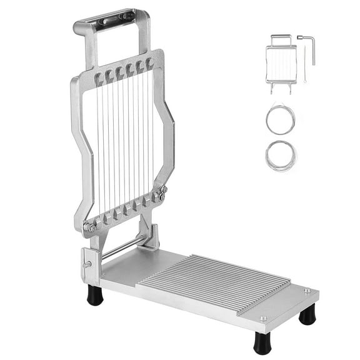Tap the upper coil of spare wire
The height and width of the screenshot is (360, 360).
[280, 119]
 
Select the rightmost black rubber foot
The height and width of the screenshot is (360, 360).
[307, 315]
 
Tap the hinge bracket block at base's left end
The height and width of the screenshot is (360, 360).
[89, 265]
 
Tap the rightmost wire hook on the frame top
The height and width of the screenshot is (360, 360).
[151, 62]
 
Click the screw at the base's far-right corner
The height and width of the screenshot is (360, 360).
[306, 290]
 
